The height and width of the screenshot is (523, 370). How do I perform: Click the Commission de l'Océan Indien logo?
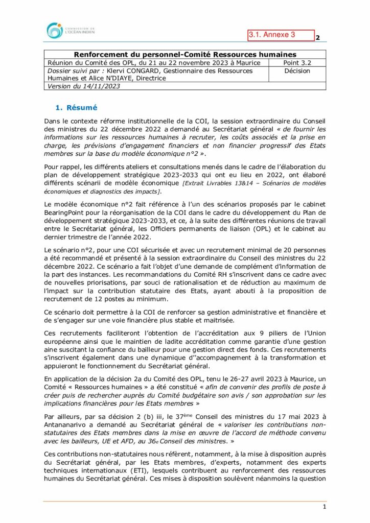coord(71,31)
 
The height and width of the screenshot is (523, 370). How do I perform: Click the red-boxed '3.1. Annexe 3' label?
coord(281,35)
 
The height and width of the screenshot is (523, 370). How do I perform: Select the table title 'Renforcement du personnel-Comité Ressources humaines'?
coord(185,54)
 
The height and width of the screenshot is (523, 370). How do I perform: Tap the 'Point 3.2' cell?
coord(297,62)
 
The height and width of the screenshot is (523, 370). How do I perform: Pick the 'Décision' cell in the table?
coord(297,71)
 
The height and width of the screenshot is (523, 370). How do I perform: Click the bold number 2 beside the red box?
coord(318,38)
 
